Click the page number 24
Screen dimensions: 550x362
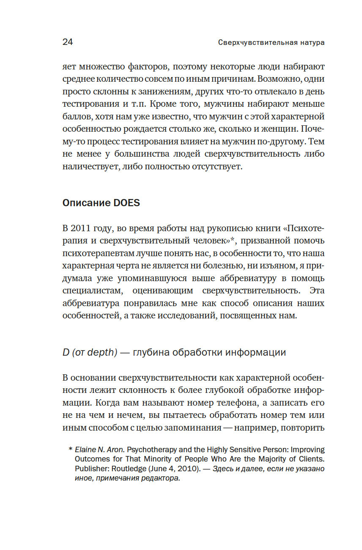pyautogui.click(x=68, y=42)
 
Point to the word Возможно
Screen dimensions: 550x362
pyautogui.click(x=281, y=79)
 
